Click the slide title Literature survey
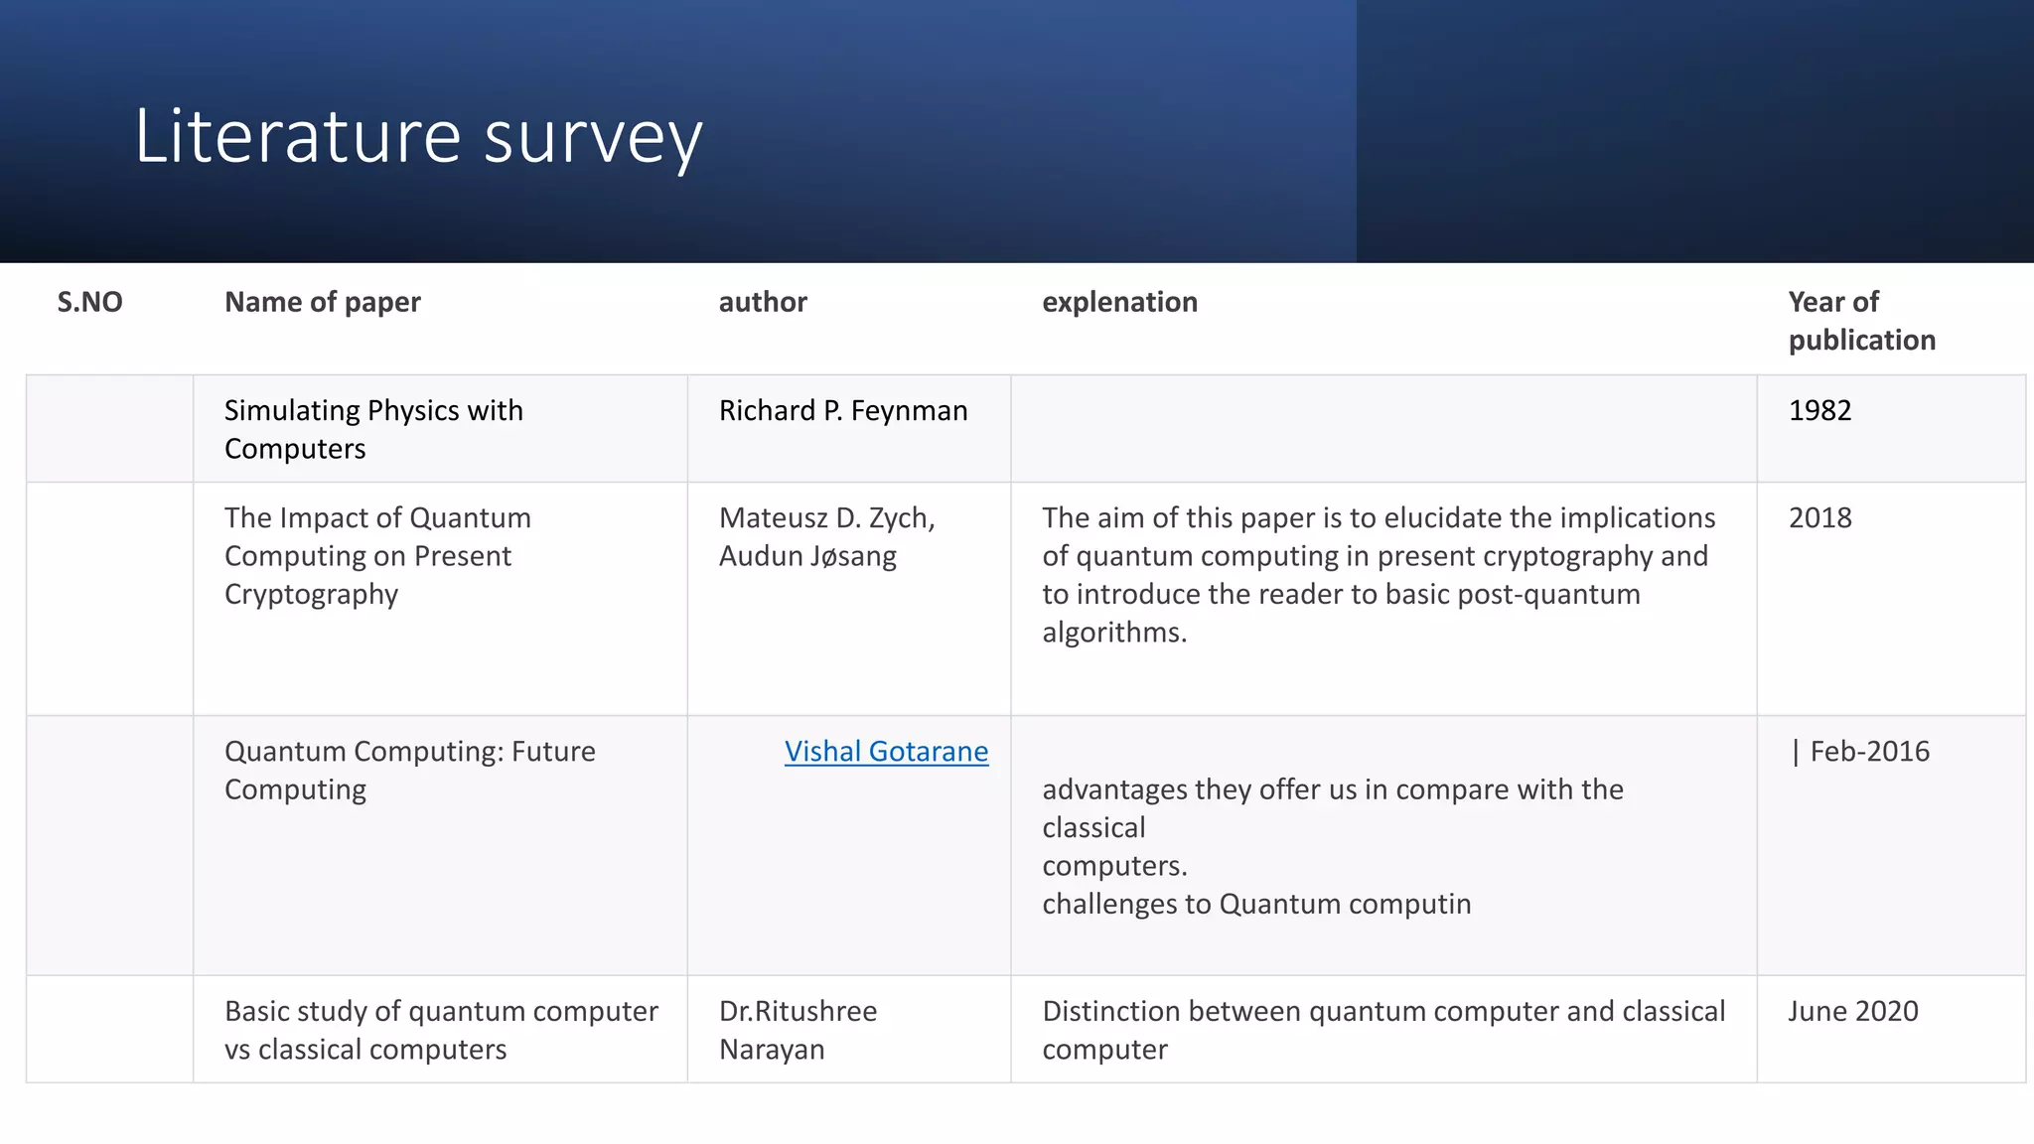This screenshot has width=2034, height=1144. (x=418, y=136)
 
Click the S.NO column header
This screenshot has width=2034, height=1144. (x=89, y=302)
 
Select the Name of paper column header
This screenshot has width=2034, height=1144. (x=323, y=302)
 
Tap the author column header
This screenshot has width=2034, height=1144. (x=763, y=302)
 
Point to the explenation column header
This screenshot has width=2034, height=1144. (x=1119, y=302)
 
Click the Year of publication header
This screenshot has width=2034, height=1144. (x=1860, y=321)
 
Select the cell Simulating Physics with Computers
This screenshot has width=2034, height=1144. (x=373, y=429)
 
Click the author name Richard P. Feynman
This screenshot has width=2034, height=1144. (x=843, y=410)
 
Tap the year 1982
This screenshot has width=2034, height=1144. (x=1819, y=410)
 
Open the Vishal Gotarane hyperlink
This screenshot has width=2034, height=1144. (x=886, y=752)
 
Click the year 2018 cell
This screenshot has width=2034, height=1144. (x=1819, y=517)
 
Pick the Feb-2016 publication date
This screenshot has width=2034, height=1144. (x=1867, y=752)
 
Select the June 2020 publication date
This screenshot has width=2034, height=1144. (x=1853, y=1011)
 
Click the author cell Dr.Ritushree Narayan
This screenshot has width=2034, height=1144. (x=798, y=1030)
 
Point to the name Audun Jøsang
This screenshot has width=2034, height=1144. (x=807, y=556)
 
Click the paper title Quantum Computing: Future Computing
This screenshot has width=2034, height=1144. (x=409, y=771)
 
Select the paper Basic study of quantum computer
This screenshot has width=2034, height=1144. (x=441, y=1012)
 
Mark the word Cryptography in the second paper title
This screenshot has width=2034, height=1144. (x=311, y=594)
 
